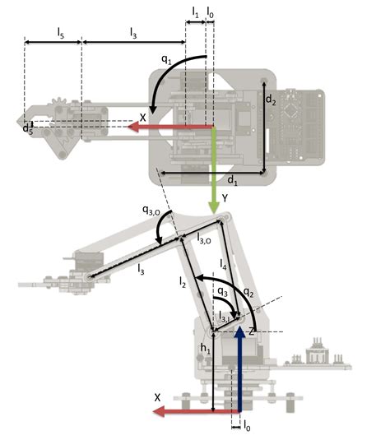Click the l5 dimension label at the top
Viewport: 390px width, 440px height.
61,32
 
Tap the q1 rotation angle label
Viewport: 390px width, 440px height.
166,60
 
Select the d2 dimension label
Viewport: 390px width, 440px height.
271,98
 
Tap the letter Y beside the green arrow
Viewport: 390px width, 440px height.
225,197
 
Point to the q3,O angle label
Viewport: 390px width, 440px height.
151,211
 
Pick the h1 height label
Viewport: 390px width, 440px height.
206,348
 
